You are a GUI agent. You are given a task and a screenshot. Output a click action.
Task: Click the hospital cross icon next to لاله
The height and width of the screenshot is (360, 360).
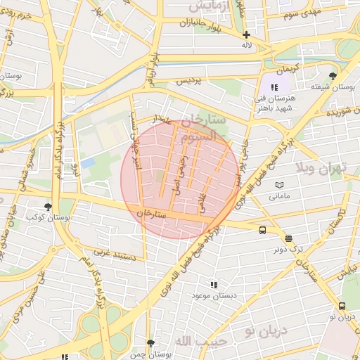point(246,34)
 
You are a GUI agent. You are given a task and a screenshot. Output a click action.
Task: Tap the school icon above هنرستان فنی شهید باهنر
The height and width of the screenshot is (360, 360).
point(274,86)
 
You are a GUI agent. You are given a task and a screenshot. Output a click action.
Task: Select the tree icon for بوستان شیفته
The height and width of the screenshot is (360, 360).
point(333,75)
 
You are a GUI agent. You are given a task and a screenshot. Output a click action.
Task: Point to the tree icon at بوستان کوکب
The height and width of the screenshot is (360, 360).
point(48,207)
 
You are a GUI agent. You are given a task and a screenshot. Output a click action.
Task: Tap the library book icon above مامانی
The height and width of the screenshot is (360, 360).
point(279,184)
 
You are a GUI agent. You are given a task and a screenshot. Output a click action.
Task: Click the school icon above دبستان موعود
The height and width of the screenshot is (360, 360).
point(214,285)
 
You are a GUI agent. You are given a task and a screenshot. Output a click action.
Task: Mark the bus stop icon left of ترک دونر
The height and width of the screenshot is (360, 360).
point(262,230)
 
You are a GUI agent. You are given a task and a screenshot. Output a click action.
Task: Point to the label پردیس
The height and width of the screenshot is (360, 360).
point(188,81)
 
